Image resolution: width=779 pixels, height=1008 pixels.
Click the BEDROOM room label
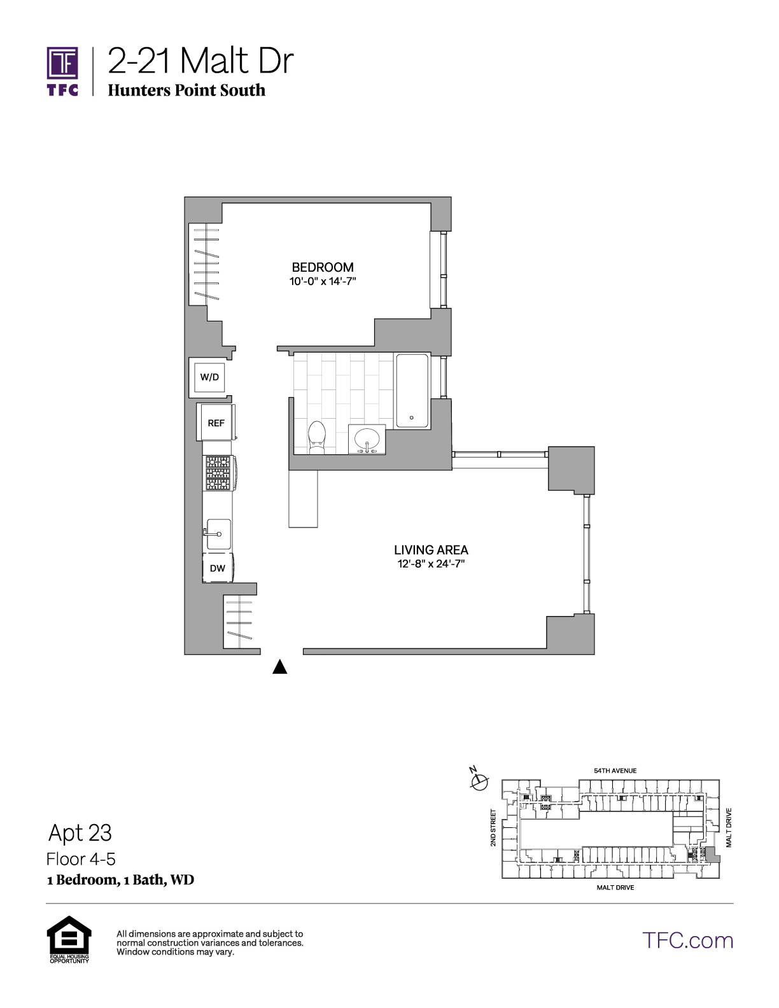pos(323,267)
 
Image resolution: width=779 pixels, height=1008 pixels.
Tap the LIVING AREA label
pos(431,550)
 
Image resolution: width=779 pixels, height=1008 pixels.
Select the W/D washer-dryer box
pos(209,377)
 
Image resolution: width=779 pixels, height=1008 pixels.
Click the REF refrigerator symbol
pos(216,423)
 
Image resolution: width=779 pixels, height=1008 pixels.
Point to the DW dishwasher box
pos(218,568)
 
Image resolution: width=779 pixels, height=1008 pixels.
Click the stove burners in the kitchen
pos(218,473)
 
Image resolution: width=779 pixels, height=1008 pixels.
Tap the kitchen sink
pos(218,534)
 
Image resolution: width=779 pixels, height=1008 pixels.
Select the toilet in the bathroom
pos(318,437)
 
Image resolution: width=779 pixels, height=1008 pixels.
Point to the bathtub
pos(412,391)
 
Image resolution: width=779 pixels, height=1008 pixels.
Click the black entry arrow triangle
pos(280,667)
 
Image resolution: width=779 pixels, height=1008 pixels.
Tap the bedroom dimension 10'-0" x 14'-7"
pos(323,281)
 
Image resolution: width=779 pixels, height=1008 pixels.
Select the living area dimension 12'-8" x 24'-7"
pos(431,564)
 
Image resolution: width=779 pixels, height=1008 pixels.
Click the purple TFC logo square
pos(62,63)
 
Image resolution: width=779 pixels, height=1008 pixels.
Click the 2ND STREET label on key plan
pos(493,827)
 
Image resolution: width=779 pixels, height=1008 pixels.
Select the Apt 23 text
pos(80,833)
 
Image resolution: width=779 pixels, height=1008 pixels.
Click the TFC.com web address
pos(687,941)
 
